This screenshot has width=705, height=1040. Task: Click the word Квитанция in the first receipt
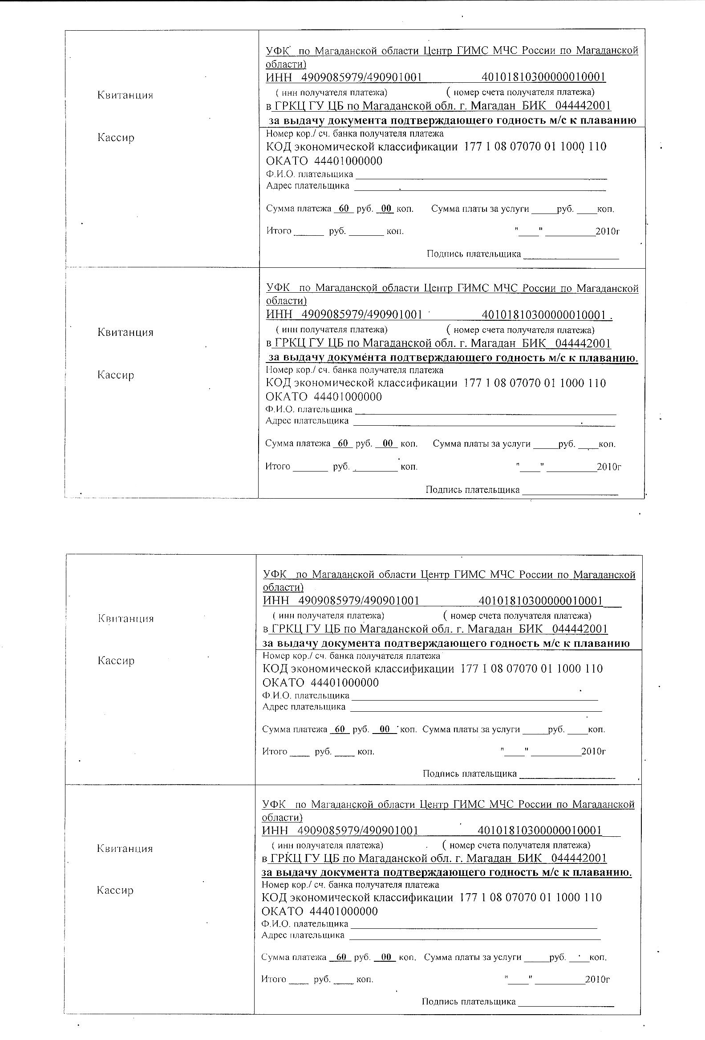125,95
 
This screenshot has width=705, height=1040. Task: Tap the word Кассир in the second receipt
115,375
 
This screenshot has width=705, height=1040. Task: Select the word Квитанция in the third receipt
126,618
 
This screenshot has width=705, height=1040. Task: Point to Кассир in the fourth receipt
115,890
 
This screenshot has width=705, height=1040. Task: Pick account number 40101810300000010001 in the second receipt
543,315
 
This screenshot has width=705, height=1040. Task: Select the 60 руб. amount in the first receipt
344,209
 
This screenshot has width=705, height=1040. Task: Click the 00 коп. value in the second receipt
388,443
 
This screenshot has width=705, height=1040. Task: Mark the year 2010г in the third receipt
593,751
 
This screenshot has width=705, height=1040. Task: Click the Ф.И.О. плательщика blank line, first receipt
481,177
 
